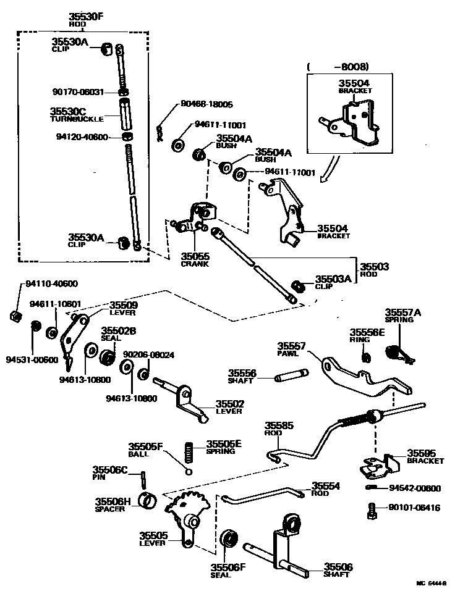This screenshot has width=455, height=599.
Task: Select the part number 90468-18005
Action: (x=207, y=104)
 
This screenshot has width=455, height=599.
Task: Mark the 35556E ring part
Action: (x=365, y=357)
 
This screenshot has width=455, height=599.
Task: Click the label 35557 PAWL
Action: (x=289, y=350)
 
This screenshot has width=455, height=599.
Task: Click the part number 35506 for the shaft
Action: (x=338, y=567)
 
